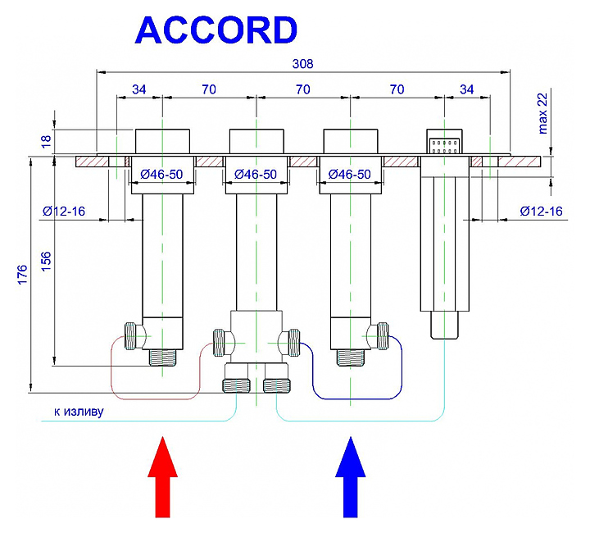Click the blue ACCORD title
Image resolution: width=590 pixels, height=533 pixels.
(x=216, y=30)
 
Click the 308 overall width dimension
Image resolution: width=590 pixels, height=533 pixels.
(x=303, y=63)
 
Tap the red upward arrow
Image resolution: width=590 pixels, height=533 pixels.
(x=163, y=478)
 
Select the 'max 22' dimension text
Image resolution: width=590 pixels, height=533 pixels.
(x=542, y=113)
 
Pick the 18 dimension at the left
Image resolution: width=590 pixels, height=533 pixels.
(x=46, y=140)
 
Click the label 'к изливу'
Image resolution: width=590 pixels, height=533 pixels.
(x=79, y=411)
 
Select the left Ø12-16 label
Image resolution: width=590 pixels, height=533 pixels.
(x=64, y=212)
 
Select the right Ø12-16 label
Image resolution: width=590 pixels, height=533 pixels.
(x=541, y=212)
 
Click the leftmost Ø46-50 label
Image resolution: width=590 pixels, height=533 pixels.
(x=163, y=174)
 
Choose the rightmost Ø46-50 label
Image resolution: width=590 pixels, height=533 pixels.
(x=350, y=174)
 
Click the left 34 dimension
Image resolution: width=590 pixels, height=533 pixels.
(x=138, y=89)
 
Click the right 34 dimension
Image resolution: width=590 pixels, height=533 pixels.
(x=467, y=89)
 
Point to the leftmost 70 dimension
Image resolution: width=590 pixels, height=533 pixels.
(x=209, y=89)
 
